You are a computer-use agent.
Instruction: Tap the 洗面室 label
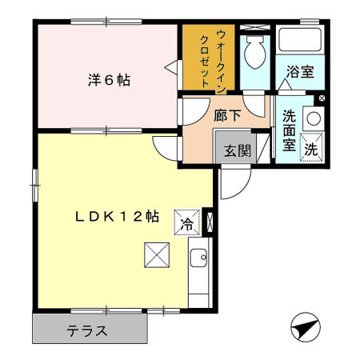click(x=289, y=129)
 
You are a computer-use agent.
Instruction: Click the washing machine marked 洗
click(x=310, y=149)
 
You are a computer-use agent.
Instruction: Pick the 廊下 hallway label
click(x=226, y=114)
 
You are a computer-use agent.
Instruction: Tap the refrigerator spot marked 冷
click(x=186, y=223)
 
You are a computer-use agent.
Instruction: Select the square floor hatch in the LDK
click(x=155, y=256)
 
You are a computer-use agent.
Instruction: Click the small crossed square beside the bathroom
click(x=322, y=98)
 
